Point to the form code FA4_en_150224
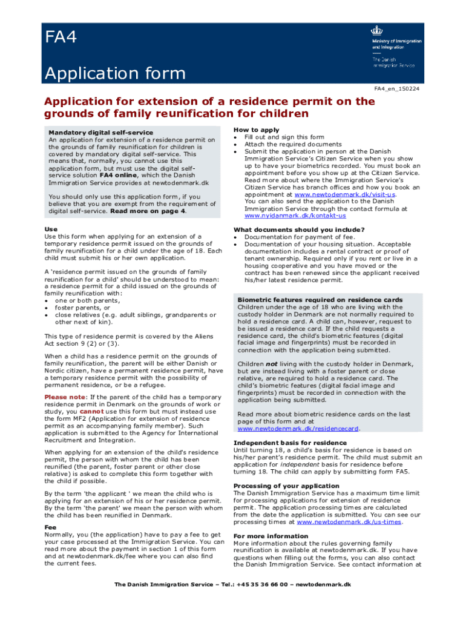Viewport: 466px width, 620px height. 396,89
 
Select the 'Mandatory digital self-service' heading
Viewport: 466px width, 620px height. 100,133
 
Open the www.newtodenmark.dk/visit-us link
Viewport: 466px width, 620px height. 344,195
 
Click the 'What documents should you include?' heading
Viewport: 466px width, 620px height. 299,229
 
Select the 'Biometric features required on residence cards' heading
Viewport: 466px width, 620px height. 320,300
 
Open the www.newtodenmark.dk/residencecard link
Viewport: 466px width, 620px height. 298,428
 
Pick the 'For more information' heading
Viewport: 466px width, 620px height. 271,536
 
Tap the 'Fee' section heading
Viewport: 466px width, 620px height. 51,527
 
